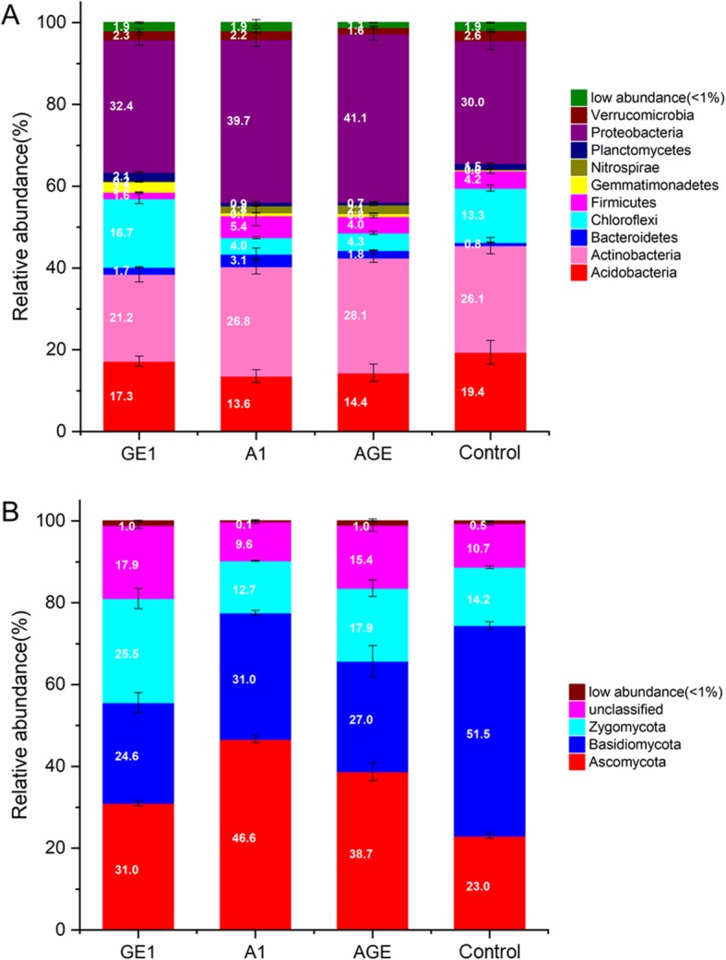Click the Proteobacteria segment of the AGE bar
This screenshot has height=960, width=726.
coord(374,118)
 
